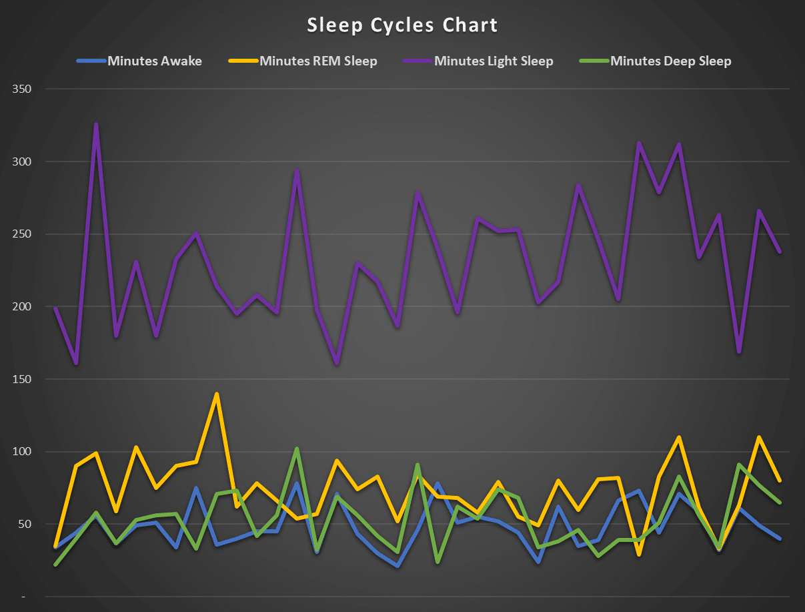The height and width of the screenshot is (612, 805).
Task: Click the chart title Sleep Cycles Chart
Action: (x=402, y=25)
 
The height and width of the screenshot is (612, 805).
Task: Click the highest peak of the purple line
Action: (x=96, y=123)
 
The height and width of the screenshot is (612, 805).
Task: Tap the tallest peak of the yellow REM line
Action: (x=217, y=394)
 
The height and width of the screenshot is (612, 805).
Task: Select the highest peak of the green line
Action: (x=297, y=448)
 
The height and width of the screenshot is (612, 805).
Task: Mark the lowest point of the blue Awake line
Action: (x=397, y=566)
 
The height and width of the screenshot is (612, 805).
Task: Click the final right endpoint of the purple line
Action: (x=780, y=252)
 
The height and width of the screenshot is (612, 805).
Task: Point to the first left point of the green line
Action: (x=56, y=565)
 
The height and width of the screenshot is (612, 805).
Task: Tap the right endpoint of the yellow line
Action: (x=780, y=481)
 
